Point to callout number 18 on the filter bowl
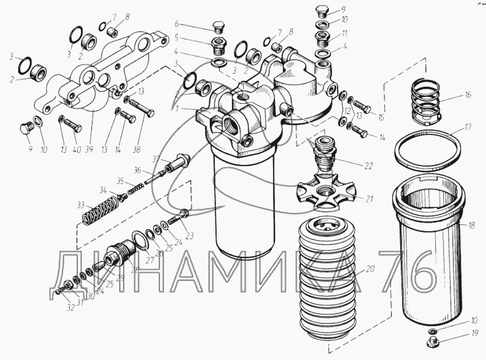472,226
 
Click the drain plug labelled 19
433,343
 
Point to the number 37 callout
156,159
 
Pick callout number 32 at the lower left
70,308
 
